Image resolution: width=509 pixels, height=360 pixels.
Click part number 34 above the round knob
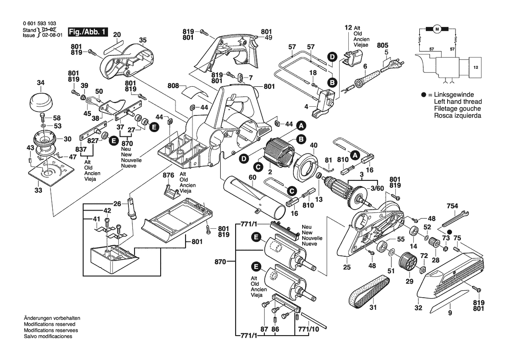[x=40, y=83]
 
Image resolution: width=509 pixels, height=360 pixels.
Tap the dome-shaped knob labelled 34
[x=40, y=102]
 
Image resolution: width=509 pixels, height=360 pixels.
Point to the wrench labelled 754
[x=455, y=218]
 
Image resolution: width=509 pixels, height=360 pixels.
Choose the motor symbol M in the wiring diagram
[x=437, y=29]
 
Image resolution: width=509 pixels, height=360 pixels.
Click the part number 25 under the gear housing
[x=347, y=267]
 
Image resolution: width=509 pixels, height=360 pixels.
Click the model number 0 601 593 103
[x=39, y=24]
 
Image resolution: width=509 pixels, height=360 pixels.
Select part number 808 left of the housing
[x=174, y=86]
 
